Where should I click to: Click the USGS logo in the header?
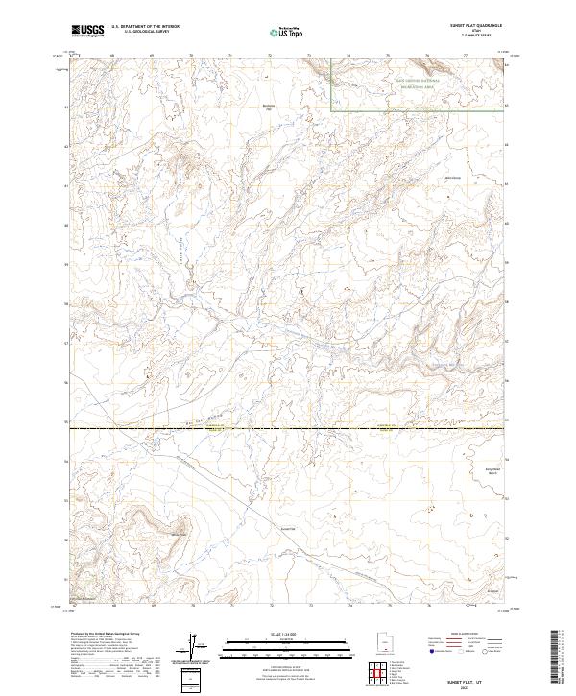[x=87, y=33]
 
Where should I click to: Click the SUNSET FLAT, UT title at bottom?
[x=467, y=677]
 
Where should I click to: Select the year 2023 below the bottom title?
[x=467, y=685]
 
